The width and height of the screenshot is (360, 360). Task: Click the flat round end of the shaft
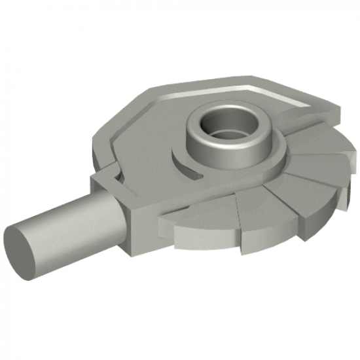tap(24, 247)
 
